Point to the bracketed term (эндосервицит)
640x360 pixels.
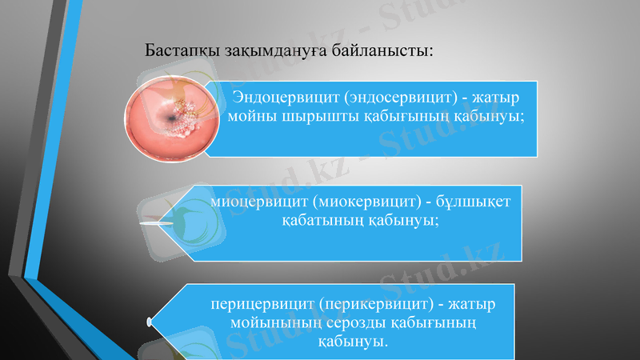tap(390, 98)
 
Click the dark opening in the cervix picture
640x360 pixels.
tap(172, 119)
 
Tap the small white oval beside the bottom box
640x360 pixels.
tap(150, 322)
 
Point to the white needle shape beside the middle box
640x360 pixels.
tap(157, 225)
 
